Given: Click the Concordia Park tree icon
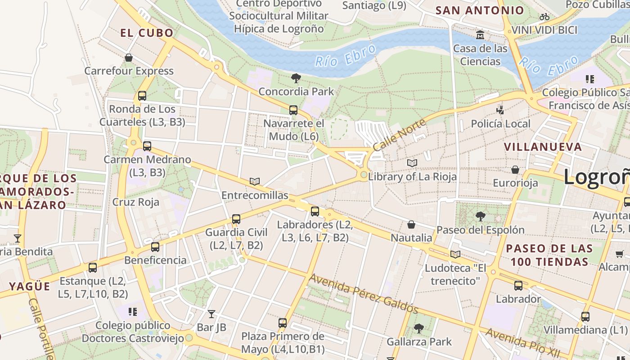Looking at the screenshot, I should (296, 78).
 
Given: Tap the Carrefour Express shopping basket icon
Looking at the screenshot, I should (129, 58).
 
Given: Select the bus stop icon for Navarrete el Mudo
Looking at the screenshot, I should (293, 110).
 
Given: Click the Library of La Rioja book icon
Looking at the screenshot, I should (412, 163).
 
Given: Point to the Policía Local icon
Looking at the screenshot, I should (500, 109).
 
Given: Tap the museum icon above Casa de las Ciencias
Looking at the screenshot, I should (480, 35).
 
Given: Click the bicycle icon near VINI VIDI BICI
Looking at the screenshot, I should (544, 17).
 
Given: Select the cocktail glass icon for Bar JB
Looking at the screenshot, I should (211, 314).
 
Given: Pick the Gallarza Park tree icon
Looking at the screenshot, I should (419, 328).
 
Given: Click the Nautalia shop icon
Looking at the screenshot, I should (411, 224).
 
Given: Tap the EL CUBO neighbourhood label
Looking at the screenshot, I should (147, 33).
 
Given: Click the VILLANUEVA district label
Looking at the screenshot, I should (543, 147).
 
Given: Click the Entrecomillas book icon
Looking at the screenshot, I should (255, 181).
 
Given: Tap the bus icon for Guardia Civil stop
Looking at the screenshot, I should (236, 219).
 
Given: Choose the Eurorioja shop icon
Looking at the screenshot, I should (515, 170).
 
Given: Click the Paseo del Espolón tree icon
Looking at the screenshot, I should (480, 216).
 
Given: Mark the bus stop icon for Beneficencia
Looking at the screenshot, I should (155, 247).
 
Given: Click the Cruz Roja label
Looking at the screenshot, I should (136, 202).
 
